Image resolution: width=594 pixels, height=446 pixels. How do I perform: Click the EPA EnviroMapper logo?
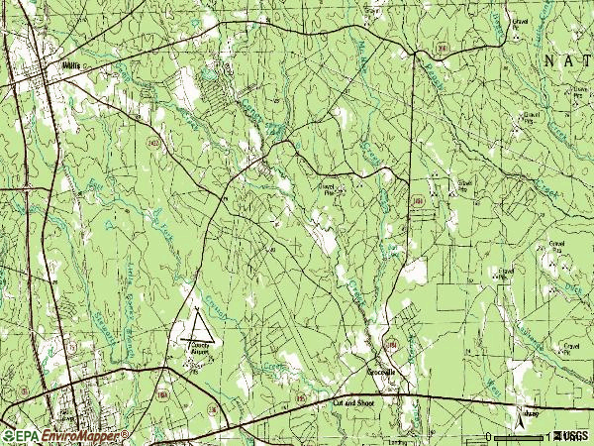(64, 436)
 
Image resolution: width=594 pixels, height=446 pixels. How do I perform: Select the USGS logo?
(572, 436)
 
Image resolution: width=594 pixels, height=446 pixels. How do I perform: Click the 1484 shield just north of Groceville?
(392, 344)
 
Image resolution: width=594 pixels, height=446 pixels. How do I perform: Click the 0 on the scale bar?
(488, 437)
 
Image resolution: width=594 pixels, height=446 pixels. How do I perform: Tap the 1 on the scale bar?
(546, 437)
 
